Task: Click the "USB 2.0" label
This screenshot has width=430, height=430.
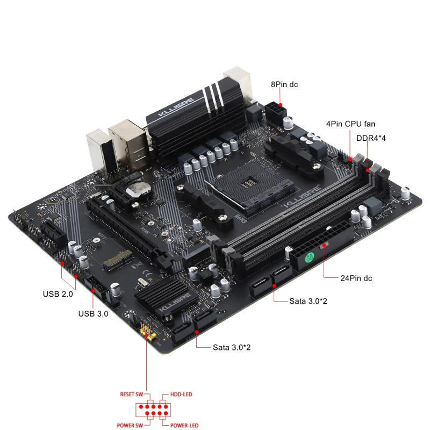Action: [x=58, y=294]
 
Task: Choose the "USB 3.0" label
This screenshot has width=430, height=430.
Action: [x=93, y=314]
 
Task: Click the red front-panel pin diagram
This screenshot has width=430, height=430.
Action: [x=153, y=410]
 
